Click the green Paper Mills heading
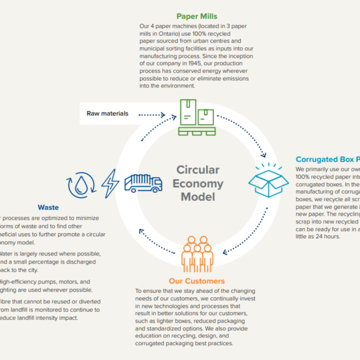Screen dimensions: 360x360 point(197,17)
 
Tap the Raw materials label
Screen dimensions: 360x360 point(108,113)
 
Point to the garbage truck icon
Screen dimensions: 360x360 point(143,183)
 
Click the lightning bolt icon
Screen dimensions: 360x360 point(110,183)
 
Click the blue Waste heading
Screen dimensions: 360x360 point(48,207)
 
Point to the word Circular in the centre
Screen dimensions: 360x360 point(198,170)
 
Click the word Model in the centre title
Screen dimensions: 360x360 point(198,197)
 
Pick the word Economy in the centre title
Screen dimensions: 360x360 point(198,184)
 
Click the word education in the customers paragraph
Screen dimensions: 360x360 point(149,336)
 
